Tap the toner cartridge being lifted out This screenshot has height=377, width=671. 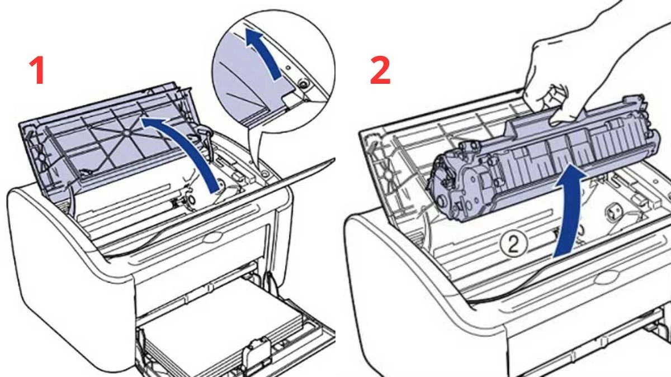[537, 162]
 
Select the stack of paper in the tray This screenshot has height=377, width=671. [212, 324]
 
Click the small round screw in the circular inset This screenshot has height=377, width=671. [303, 84]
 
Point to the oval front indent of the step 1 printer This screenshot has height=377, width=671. [212, 237]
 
